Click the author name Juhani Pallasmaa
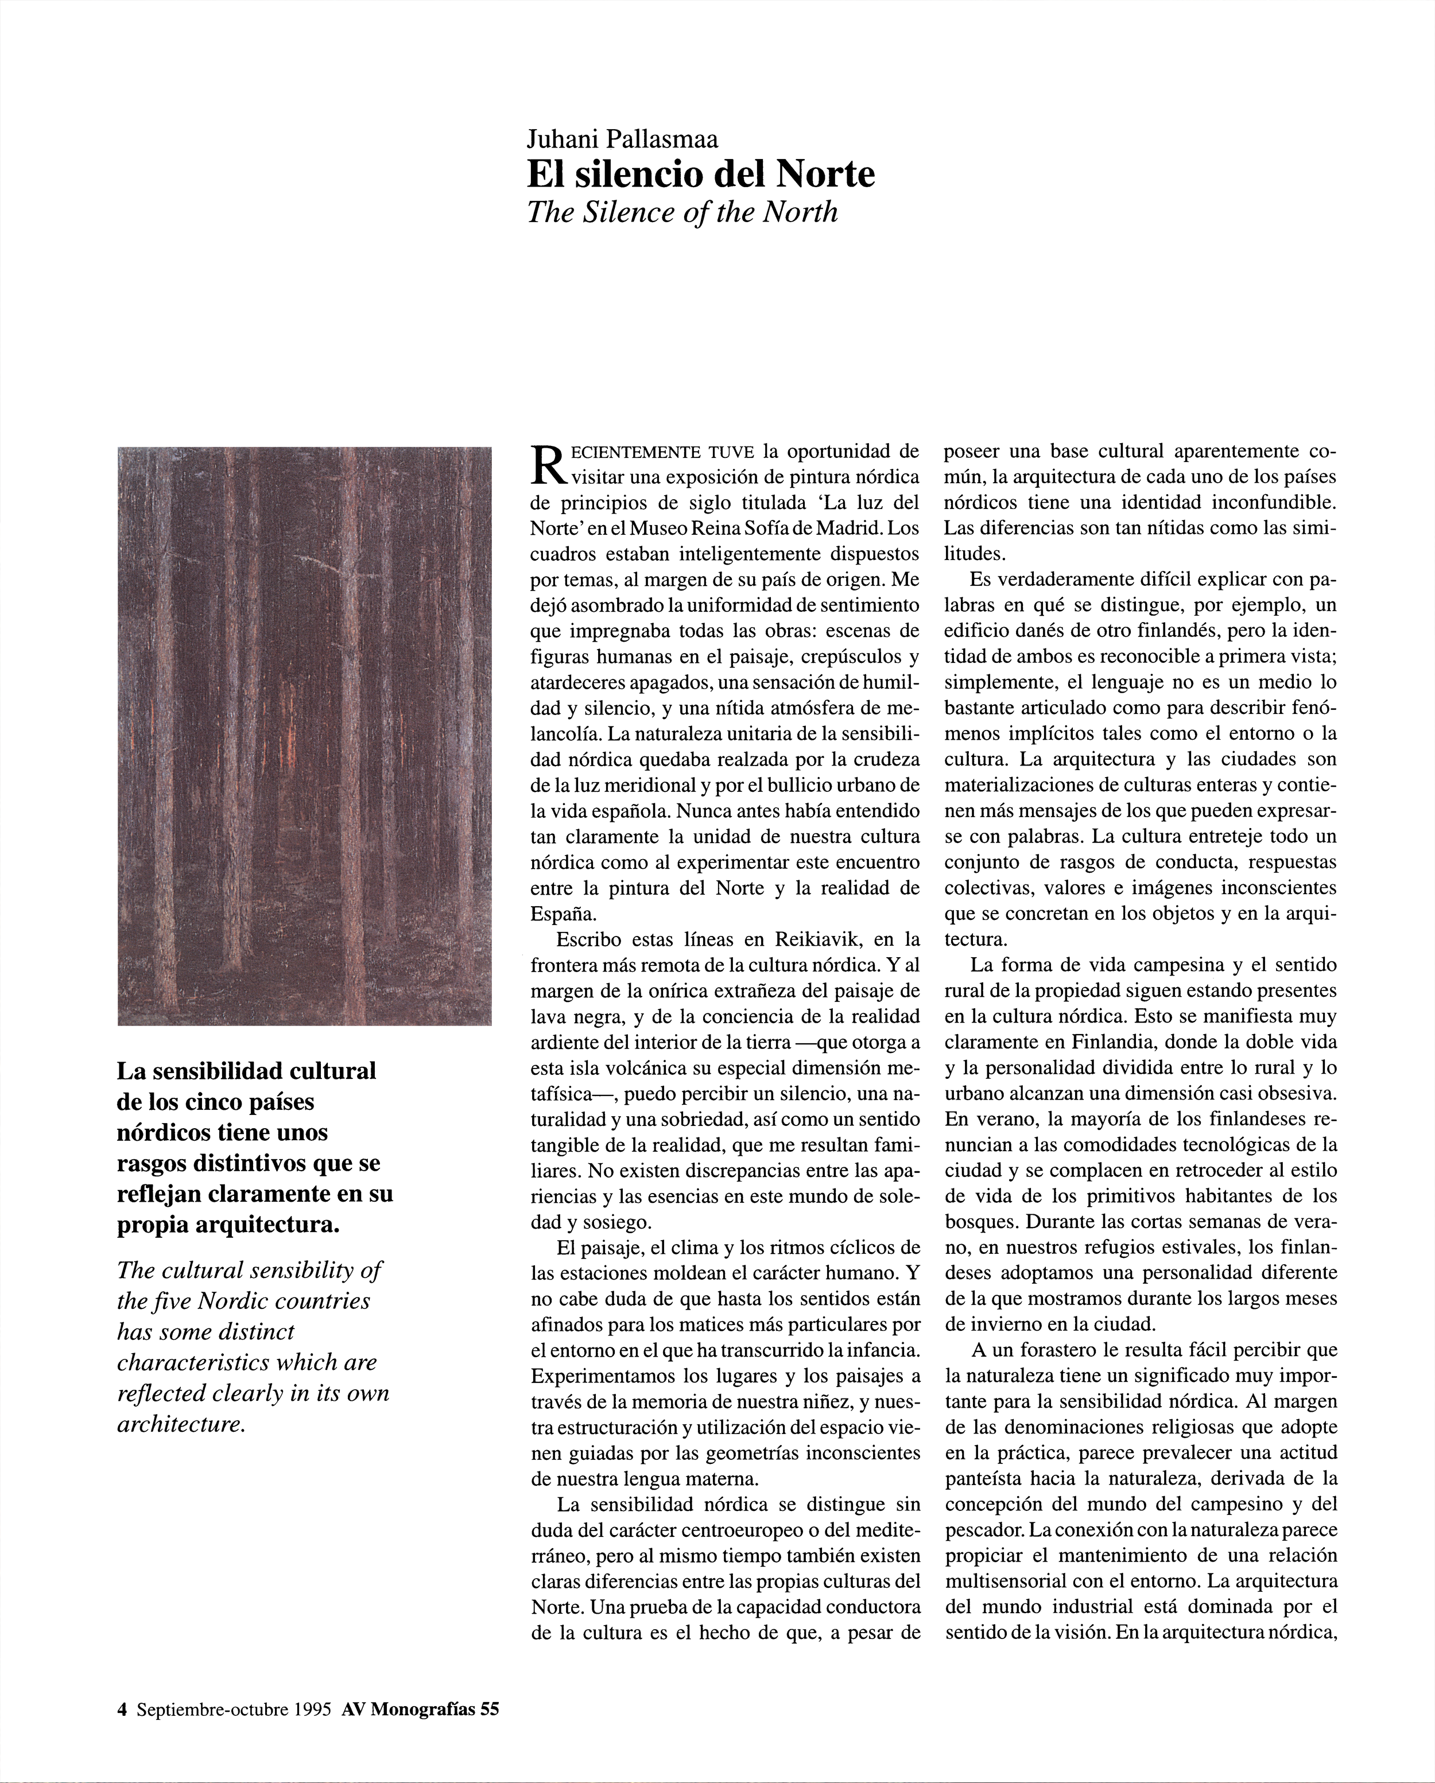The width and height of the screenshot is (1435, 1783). point(623,139)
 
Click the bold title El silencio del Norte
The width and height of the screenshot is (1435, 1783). point(700,174)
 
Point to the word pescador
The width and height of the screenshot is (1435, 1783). point(979,1530)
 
